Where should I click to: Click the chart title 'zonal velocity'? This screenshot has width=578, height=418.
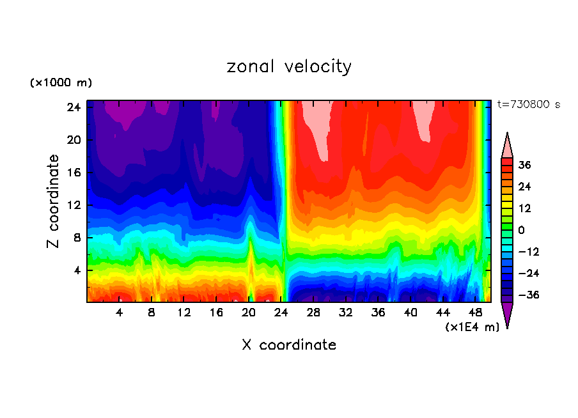click(289, 66)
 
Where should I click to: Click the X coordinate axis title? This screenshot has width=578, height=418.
click(289, 345)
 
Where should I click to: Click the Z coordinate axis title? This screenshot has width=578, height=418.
click(54, 201)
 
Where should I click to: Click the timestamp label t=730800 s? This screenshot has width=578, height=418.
click(528, 104)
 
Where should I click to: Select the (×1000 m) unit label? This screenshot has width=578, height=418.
click(61, 83)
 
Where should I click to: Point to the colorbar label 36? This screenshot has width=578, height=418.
click(524, 165)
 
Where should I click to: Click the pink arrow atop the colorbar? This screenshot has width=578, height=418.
click(507, 145)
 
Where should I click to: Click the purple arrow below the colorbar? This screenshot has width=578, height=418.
click(507, 314)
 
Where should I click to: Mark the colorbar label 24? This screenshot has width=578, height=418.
click(524, 187)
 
